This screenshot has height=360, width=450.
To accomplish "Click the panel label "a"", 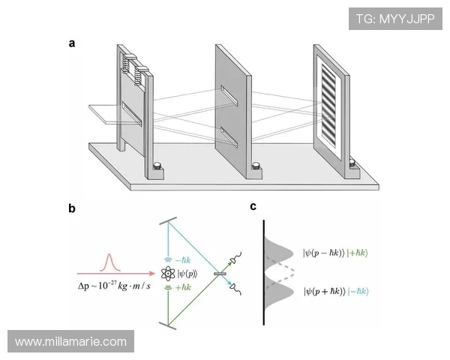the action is [72, 43].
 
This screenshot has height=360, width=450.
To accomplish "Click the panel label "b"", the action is [72, 208].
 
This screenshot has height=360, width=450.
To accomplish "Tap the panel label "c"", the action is [253, 206].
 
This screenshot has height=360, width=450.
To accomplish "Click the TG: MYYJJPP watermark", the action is [395, 19].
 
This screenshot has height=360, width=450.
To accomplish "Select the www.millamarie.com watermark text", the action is [71, 342].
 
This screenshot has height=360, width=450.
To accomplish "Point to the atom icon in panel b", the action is [168, 274].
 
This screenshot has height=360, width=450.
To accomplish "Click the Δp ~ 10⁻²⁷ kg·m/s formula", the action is [114, 286].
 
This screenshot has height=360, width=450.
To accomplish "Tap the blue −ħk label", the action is [182, 260].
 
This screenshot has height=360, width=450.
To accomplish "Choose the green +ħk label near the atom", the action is [182, 287].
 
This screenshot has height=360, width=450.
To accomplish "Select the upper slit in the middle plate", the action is [229, 95].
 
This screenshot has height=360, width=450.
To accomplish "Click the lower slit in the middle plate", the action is [229, 136].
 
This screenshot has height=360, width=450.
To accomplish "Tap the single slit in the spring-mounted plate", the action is [132, 114].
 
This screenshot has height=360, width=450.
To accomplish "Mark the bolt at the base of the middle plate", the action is [256, 166].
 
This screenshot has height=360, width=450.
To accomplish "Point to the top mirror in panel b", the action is [168, 221].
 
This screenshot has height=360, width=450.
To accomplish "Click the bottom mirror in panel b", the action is [167, 325].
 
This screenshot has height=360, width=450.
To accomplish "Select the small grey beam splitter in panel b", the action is [220, 274].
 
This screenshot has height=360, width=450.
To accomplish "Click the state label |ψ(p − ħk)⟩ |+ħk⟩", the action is [335, 253].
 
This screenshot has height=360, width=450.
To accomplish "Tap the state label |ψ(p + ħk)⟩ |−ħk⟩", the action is [336, 292].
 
